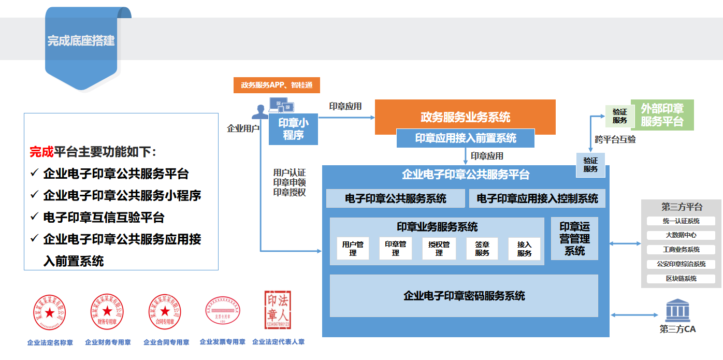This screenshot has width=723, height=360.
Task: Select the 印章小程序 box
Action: click(x=293, y=129)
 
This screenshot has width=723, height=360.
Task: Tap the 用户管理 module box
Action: click(x=353, y=249)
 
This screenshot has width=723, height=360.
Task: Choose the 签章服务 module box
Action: click(x=482, y=249)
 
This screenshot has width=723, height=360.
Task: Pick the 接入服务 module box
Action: click(x=524, y=249)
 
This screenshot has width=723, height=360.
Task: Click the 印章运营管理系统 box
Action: click(x=574, y=238)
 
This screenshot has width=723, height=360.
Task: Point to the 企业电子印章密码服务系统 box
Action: click(x=464, y=296)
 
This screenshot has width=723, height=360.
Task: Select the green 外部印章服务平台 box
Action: click(x=662, y=115)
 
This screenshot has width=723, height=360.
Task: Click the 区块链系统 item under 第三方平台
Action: click(x=681, y=279)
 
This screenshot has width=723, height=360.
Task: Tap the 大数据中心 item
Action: click(x=681, y=235)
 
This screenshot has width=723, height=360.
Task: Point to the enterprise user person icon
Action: click(x=260, y=112)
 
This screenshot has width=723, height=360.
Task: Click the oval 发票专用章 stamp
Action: click(x=222, y=311)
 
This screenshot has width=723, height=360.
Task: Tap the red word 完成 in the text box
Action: click(x=41, y=152)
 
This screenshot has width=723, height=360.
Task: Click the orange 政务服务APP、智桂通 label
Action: click(x=277, y=85)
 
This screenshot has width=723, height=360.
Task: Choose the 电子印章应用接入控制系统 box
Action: click(x=537, y=199)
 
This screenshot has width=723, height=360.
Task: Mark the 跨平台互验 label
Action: click(x=615, y=139)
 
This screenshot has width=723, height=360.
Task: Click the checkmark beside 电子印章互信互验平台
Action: click(x=35, y=216)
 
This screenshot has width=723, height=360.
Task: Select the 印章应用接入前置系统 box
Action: click(x=465, y=138)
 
